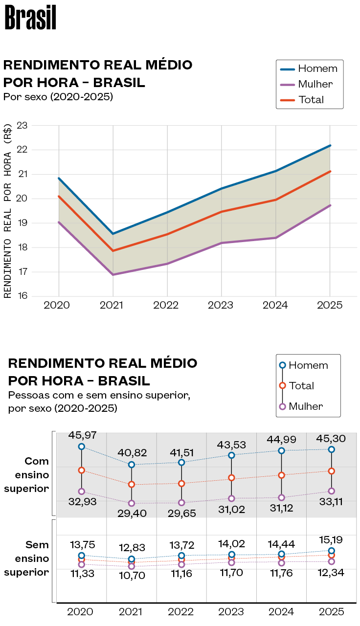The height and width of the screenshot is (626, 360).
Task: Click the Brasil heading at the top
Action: (30, 19)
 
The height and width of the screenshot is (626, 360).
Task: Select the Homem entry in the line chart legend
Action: (317, 68)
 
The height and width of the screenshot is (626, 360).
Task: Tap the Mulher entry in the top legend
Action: (315, 84)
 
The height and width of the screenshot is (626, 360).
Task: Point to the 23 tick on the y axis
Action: (22, 126)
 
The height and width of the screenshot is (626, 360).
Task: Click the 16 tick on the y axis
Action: (22, 296)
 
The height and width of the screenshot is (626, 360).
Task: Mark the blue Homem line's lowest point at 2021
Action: (113, 234)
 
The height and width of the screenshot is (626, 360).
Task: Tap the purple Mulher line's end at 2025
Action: (330, 205)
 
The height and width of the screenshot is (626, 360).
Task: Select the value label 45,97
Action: (82, 434)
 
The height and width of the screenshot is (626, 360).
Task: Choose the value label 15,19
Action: (331, 540)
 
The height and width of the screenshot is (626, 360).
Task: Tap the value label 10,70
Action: (132, 576)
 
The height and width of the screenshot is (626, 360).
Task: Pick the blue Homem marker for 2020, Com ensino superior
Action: (82, 447)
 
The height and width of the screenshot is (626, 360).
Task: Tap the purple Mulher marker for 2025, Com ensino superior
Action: (331, 491)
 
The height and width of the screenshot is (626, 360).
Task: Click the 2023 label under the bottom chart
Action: (231, 612)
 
